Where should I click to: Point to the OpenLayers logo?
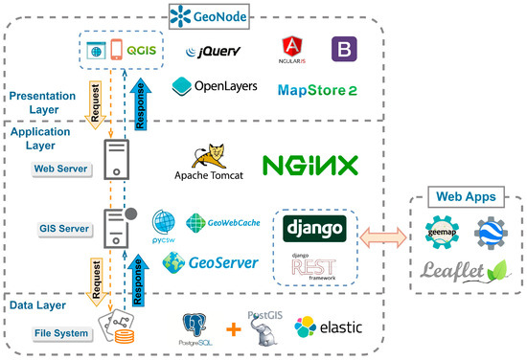(x=215, y=86)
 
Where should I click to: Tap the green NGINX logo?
(x=311, y=165)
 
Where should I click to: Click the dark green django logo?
(x=315, y=229)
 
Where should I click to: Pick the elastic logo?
(x=330, y=326)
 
